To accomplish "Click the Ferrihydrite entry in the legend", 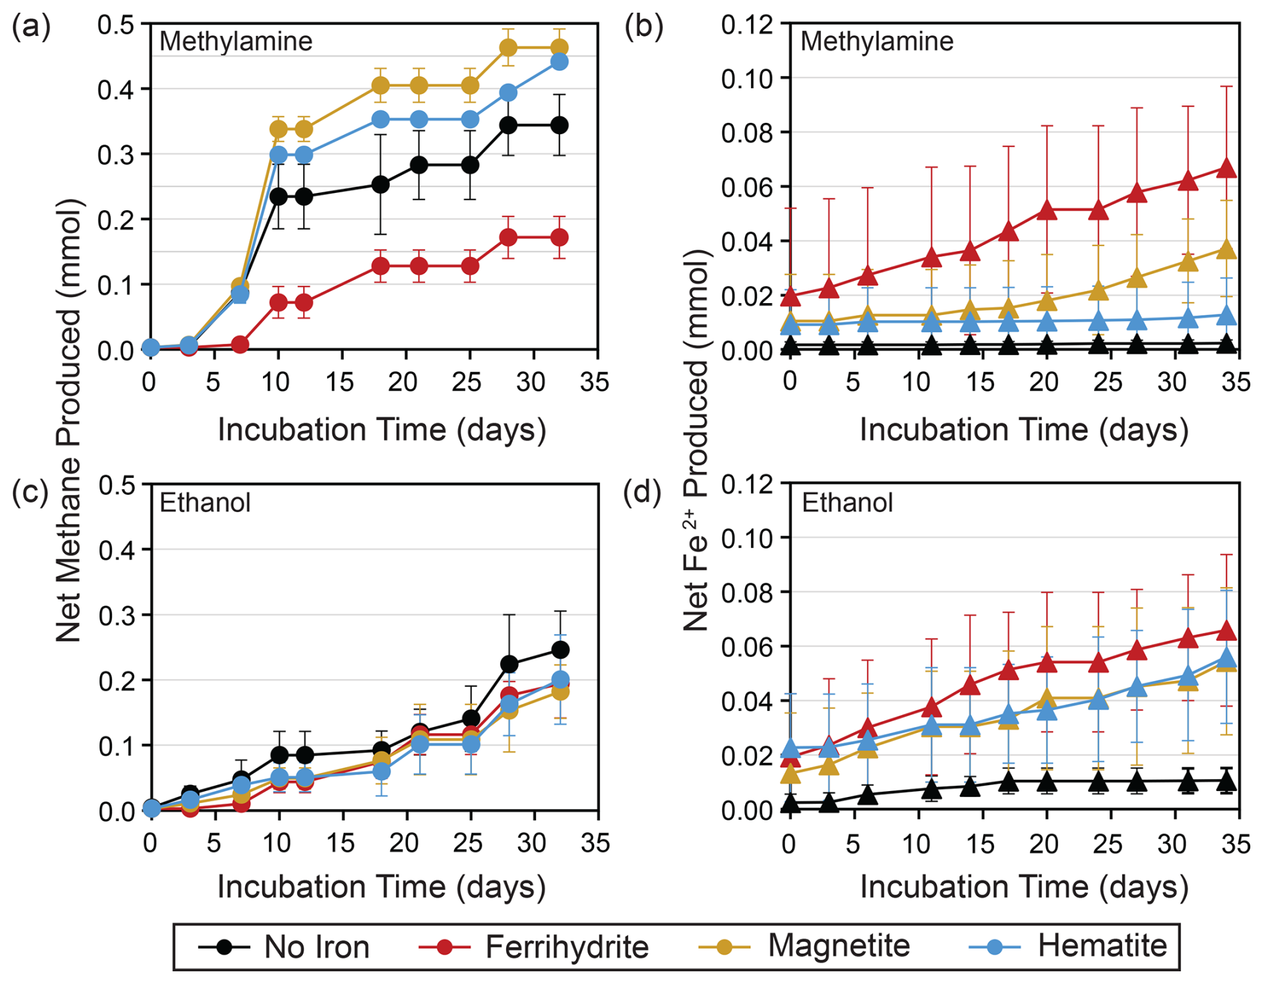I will click(566, 947).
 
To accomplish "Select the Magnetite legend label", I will click(838, 946).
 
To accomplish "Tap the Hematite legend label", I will click(1101, 946).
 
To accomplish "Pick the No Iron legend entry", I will click(316, 947).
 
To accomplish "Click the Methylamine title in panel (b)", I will click(876, 41).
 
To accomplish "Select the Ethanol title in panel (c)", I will click(205, 503).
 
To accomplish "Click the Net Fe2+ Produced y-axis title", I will click(696, 441).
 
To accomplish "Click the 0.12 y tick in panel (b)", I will click(748, 25).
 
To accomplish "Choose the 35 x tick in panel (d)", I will click(1235, 844).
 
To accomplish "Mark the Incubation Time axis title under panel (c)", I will click(381, 887).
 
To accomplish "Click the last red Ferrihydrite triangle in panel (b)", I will click(1226, 169).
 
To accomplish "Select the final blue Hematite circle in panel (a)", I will click(559, 62).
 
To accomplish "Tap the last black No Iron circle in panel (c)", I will click(559, 650).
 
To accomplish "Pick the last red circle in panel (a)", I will click(559, 238).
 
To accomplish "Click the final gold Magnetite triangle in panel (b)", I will click(1226, 250).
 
